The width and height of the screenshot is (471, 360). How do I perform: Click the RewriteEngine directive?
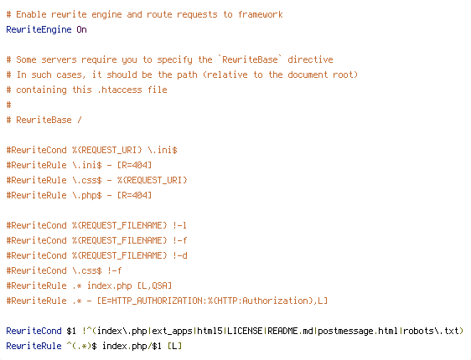click(x=39, y=29)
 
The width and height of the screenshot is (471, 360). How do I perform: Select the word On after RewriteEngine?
click(x=81, y=29)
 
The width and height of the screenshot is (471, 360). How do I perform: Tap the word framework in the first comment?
click(x=261, y=14)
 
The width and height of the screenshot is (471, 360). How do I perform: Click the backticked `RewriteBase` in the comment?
click(x=250, y=59)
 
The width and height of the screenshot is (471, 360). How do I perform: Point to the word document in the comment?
click(x=308, y=75)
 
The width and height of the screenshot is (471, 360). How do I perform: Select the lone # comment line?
click(x=8, y=105)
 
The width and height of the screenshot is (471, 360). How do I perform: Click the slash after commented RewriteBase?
click(x=80, y=120)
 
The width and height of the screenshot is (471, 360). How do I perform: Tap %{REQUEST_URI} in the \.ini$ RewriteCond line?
click(x=107, y=150)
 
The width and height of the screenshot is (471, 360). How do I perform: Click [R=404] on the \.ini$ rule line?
click(x=134, y=165)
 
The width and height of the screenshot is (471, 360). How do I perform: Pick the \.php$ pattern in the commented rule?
click(x=87, y=195)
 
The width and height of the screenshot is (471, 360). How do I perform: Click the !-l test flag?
click(x=179, y=225)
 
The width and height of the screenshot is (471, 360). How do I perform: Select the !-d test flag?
click(x=180, y=255)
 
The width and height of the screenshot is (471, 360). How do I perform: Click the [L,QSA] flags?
click(x=154, y=285)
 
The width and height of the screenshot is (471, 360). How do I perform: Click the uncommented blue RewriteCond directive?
click(x=34, y=331)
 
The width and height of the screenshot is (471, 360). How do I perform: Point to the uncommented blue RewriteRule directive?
click(x=34, y=346)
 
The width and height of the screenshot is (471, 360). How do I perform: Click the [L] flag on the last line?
click(x=174, y=346)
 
